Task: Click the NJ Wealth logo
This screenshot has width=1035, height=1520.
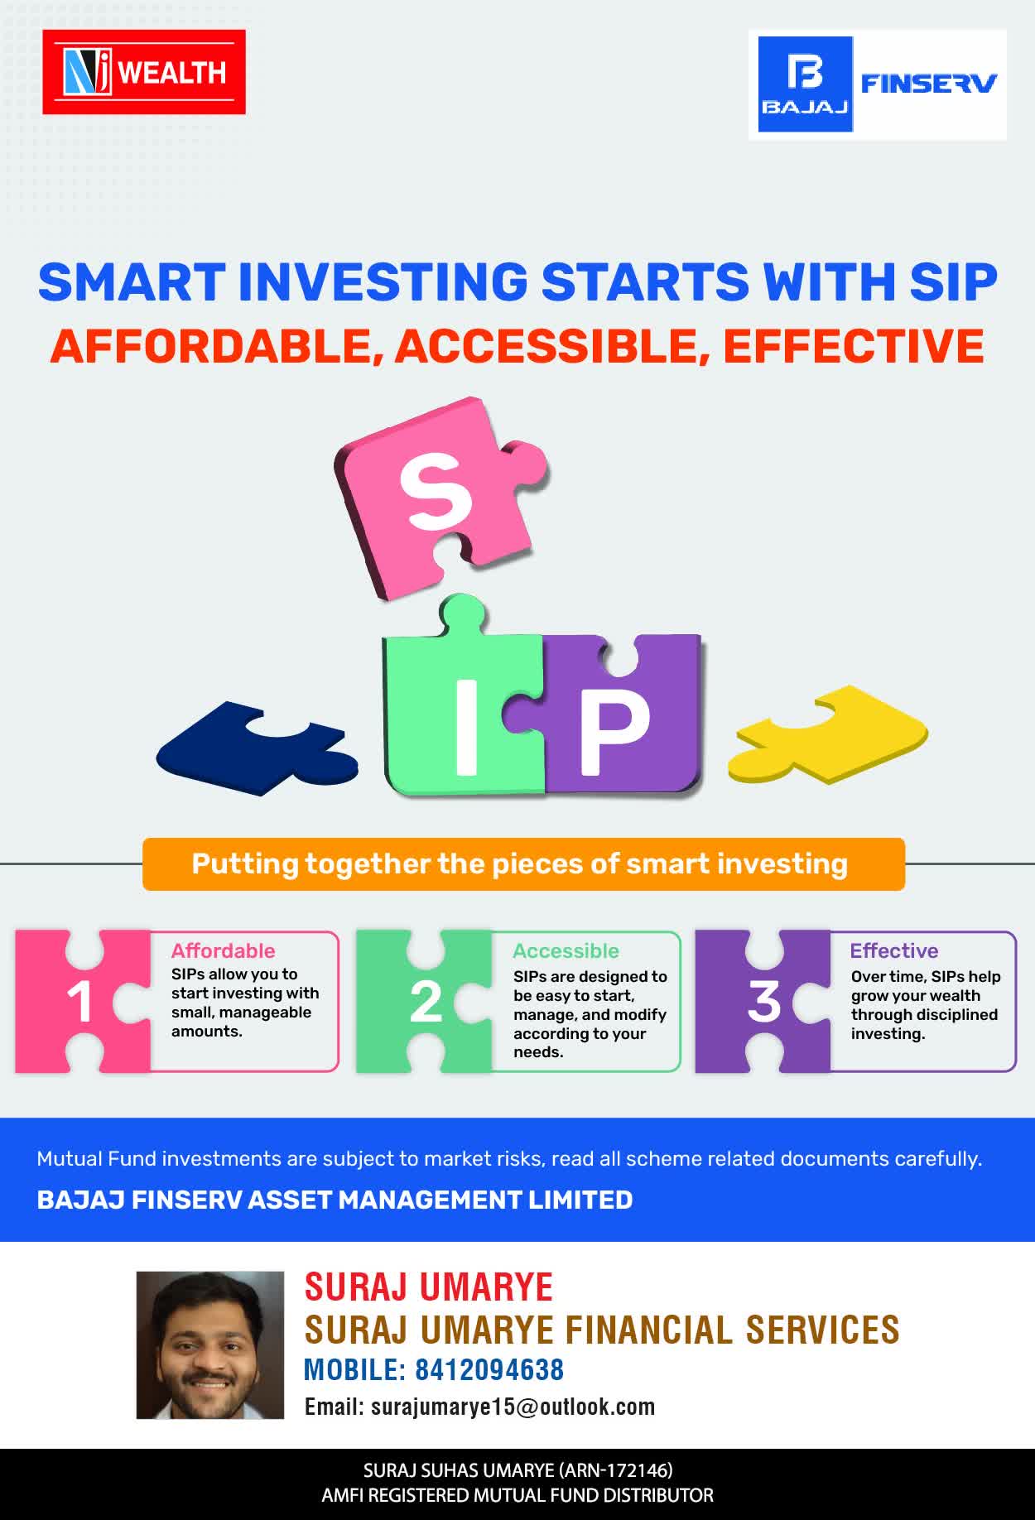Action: pyautogui.click(x=144, y=72)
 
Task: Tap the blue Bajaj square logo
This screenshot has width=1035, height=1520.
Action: pyautogui.click(x=806, y=84)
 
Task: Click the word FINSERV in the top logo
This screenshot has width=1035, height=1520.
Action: pyautogui.click(x=929, y=83)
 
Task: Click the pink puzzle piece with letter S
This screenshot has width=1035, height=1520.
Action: pyautogui.click(x=439, y=497)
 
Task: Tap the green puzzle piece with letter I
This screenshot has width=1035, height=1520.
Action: pyautogui.click(x=464, y=704)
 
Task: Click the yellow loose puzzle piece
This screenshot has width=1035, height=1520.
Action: pyautogui.click(x=828, y=734)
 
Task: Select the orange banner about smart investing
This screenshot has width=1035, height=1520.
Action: pyautogui.click(x=523, y=864)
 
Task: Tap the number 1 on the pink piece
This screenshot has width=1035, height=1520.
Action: pyautogui.click(x=79, y=1002)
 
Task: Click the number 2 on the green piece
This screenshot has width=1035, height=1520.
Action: pyautogui.click(x=426, y=1002)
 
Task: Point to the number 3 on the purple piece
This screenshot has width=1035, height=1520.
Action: pyautogui.click(x=764, y=1001)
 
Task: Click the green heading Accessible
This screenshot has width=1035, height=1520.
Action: pyautogui.click(x=566, y=950)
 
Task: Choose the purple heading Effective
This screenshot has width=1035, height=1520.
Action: pyautogui.click(x=894, y=950)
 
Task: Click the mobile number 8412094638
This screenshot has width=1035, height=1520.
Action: pyautogui.click(x=489, y=1369)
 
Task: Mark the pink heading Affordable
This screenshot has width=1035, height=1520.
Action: pyautogui.click(x=223, y=950)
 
